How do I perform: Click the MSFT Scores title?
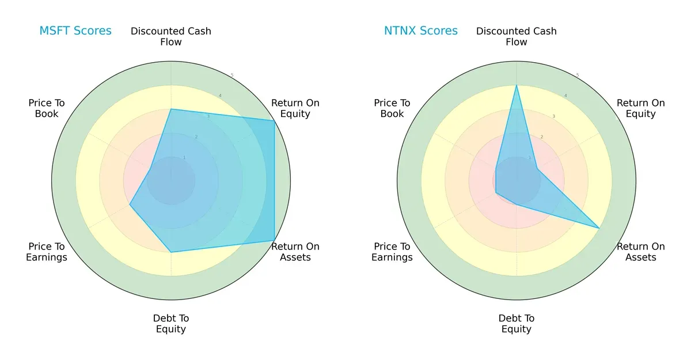coord(75,31)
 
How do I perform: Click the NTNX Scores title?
coord(420,31)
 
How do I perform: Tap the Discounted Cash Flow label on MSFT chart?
coord(171,36)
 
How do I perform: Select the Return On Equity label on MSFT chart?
coord(295,108)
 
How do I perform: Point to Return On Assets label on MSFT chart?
coord(295,252)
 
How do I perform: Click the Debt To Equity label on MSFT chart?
coord(171,324)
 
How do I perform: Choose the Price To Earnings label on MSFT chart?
coord(47,252)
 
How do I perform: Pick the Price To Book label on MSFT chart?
coord(47,108)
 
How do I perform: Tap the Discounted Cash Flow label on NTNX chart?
coord(517,36)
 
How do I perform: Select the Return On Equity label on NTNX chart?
coord(641,108)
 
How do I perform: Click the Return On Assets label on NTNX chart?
coord(641,252)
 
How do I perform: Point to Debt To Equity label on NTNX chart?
coord(517,324)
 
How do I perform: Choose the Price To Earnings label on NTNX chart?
coord(392,252)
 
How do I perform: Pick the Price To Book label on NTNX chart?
coord(392,108)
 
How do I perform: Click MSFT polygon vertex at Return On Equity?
coord(274,120)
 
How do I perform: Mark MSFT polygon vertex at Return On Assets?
coord(274,240)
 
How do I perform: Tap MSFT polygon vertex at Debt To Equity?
coord(171,252)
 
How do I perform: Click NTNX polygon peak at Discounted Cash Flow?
coord(517,85)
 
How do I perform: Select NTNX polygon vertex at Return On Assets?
coord(599,228)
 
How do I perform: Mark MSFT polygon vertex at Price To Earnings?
coord(130,204)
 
